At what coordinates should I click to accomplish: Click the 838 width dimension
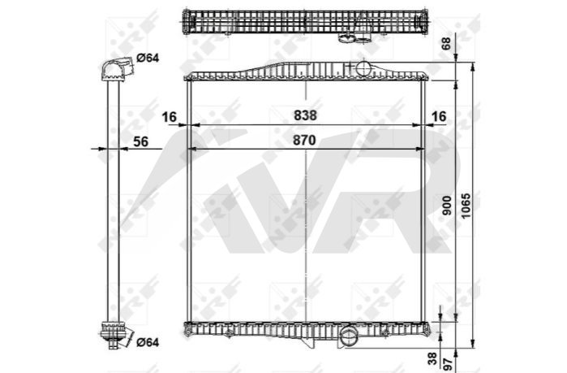305,115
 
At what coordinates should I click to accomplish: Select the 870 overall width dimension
304,140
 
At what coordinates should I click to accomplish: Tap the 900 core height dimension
447,206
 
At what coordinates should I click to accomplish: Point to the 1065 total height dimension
466,206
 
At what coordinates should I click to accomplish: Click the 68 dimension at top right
447,43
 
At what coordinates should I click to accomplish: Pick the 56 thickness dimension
140,141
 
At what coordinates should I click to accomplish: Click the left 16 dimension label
170,117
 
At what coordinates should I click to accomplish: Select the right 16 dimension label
439,116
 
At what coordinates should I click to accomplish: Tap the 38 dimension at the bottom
433,359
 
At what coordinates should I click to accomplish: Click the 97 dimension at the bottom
448,363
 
